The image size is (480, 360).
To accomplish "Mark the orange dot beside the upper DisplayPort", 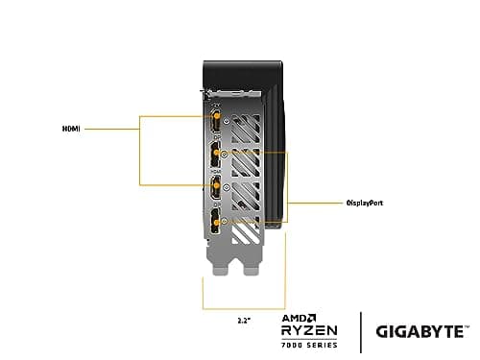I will click(x=224, y=153).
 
